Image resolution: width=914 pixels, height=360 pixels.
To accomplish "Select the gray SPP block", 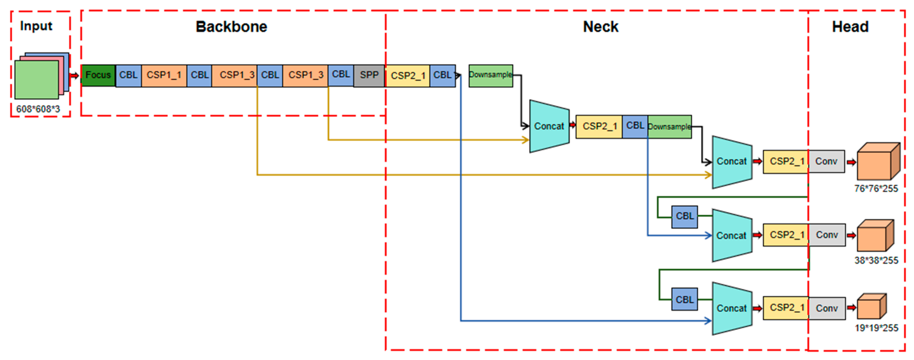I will pyautogui.click(x=369, y=75).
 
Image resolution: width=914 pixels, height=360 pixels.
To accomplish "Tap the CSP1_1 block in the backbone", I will pyautogui.click(x=164, y=75).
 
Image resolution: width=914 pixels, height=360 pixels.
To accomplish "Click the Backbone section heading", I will pyautogui.click(x=231, y=27).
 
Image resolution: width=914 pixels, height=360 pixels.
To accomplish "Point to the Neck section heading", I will pyautogui.click(x=600, y=27).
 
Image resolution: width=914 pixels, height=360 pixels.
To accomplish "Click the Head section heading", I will pyautogui.click(x=850, y=27).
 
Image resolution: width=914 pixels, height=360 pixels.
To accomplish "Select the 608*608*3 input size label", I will pyautogui.click(x=38, y=109).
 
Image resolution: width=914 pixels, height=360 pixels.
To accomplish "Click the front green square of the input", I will pyautogui.click(x=36, y=80).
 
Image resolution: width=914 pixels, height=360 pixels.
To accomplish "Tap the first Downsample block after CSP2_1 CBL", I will pyautogui.click(x=490, y=75).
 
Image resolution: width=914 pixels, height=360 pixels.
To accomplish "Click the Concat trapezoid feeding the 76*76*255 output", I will pyautogui.click(x=732, y=162).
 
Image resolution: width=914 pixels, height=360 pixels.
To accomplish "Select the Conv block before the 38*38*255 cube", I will pyautogui.click(x=827, y=235).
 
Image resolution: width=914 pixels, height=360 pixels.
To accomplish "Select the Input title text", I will pyautogui.click(x=36, y=26).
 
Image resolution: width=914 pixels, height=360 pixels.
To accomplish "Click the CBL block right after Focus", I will pyautogui.click(x=128, y=75).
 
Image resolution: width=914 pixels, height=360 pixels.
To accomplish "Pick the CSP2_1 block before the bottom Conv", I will pyautogui.click(x=786, y=308).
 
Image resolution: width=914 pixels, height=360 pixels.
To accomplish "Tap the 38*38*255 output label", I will pyautogui.click(x=876, y=260).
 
